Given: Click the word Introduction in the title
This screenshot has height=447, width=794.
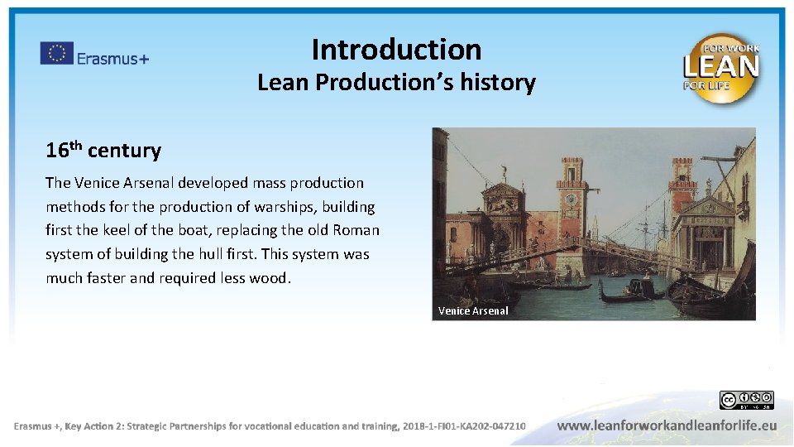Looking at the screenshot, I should coord(396,50).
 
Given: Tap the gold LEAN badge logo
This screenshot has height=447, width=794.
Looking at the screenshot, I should coord(720,68).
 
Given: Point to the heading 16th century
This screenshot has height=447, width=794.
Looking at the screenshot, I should coord(103,150).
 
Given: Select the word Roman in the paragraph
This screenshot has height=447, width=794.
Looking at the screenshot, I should coord(356,230).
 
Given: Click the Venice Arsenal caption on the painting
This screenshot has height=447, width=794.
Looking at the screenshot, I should coord(473,311).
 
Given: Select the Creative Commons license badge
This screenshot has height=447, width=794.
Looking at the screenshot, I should coord(746,401).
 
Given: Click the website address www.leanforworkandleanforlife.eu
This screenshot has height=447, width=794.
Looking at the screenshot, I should coord(667,425).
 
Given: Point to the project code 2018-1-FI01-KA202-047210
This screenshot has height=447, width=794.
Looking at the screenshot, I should coord(463,425).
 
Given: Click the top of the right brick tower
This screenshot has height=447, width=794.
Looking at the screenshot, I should coord(684,162).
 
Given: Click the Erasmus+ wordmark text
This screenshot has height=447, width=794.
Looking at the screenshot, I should coord(113,57).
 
